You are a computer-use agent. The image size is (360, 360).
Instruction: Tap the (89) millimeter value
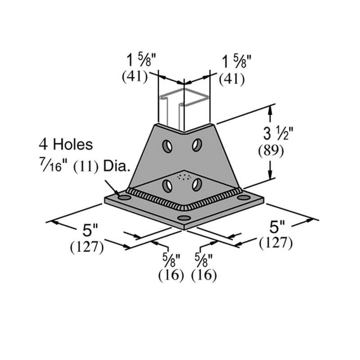click(x=270, y=152)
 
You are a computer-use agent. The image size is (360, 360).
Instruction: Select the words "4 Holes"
click(x=66, y=144)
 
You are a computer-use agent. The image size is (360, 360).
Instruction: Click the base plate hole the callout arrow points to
click(x=123, y=197)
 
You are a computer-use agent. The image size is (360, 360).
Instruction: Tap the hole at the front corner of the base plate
click(x=183, y=218)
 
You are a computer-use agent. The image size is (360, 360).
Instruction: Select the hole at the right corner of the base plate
click(x=243, y=198)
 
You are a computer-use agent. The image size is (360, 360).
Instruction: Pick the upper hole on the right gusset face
click(x=197, y=145)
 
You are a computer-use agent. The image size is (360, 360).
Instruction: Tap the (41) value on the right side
click(x=231, y=79)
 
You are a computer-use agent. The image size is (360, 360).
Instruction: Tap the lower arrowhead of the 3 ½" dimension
click(x=270, y=179)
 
